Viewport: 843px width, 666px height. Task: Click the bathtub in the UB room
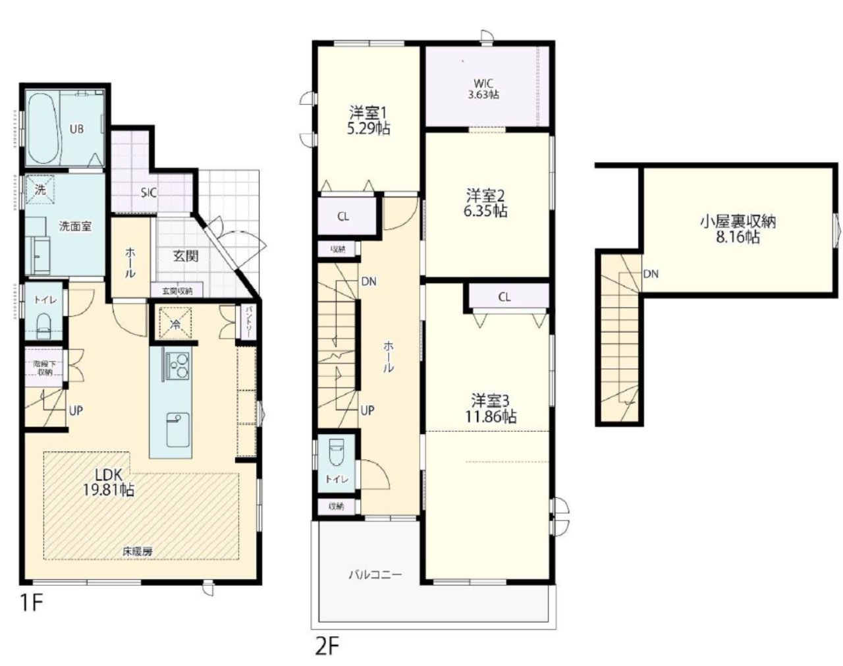[x=44, y=129]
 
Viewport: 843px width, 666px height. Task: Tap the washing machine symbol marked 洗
[x=40, y=190]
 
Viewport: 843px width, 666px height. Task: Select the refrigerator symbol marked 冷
[x=175, y=323]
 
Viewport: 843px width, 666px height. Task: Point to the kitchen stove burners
[x=178, y=365]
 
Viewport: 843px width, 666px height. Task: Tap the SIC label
[x=149, y=193]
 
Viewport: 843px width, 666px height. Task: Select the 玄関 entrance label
[x=186, y=256]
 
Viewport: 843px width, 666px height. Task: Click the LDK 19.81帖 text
[x=109, y=482]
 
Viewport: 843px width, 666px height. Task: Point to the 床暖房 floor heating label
[x=138, y=551]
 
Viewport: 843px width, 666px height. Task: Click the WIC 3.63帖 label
[x=483, y=89]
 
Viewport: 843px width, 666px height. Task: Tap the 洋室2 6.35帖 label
[x=486, y=204]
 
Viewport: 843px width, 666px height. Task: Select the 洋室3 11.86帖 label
[x=491, y=408]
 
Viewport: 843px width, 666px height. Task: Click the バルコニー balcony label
[x=375, y=574]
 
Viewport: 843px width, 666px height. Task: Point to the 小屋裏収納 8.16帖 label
[x=738, y=229]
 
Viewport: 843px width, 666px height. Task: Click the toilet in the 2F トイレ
[x=337, y=452]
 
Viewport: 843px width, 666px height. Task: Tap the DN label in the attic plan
[x=651, y=274]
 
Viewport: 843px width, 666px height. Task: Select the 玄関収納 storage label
[x=177, y=291]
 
